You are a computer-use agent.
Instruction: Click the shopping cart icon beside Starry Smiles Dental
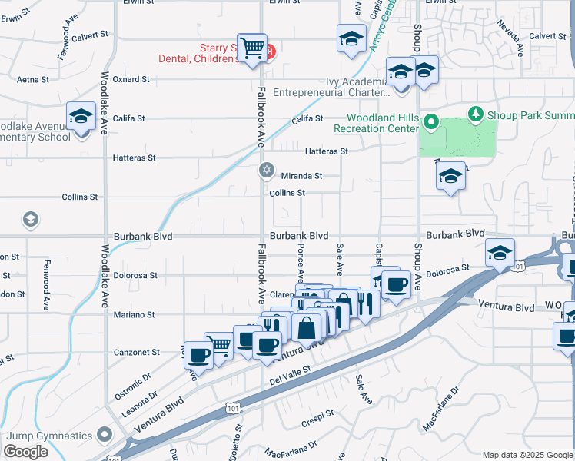[251, 48]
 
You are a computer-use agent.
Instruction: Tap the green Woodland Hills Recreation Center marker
[432, 122]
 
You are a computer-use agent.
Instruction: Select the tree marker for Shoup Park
[476, 115]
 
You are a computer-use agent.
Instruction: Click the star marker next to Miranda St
[267, 171]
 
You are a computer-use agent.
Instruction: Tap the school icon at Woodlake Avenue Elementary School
[80, 118]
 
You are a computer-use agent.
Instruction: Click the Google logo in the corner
[26, 452]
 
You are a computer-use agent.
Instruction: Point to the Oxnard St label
[131, 79]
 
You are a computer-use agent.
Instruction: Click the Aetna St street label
[33, 79]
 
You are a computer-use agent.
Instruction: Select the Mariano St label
[135, 314]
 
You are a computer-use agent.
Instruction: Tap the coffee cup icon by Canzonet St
[198, 356]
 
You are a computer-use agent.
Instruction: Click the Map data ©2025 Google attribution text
[527, 455]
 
